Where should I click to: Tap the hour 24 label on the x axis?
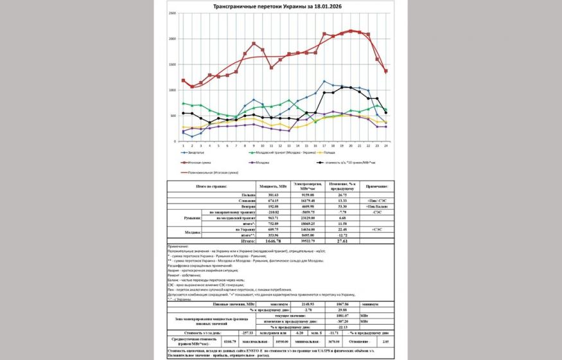tap(385, 146)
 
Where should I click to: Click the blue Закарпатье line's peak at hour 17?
tap(324, 82)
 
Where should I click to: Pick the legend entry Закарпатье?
tap(199, 153)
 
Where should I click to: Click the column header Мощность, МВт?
tap(273, 186)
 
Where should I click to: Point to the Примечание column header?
tap(375, 186)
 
